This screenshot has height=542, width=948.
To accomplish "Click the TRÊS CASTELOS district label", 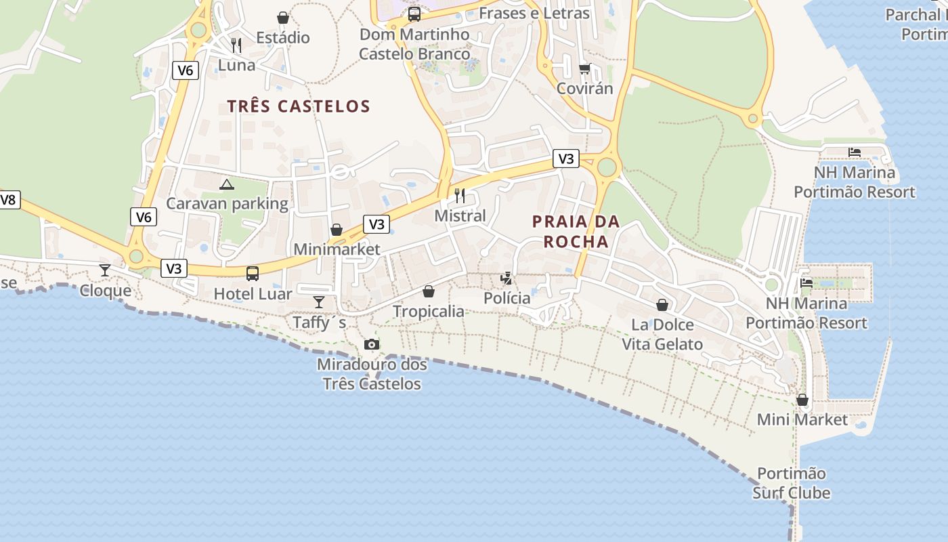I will pos(299,106).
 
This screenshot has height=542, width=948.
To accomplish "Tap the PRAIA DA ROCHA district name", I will pos(576,231).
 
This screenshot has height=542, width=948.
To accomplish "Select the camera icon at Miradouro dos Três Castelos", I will pos(371,344).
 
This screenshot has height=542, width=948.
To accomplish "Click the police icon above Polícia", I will pos(506,278).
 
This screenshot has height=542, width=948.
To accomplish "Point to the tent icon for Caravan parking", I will pos(227,184).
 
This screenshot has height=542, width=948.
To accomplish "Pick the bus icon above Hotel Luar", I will pos(253,274).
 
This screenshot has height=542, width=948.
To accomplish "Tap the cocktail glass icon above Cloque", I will pos(105,270).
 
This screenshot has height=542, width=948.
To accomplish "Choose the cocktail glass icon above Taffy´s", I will pos(319,301).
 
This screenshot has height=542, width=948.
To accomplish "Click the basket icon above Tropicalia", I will pos(429,291).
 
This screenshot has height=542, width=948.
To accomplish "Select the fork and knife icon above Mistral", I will pos(460,196).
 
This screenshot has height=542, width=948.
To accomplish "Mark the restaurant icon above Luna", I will pos(236,45).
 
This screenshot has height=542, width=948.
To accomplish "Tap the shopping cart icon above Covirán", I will pos(584,68).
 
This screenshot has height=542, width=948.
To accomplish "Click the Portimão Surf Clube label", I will pos(792,483).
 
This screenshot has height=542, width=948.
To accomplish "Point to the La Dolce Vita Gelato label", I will pos(662,335).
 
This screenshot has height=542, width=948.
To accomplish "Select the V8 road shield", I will pos(8,200).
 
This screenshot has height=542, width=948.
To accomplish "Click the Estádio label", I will pos(283,37).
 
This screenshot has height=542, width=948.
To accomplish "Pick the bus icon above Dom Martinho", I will pos(414,14).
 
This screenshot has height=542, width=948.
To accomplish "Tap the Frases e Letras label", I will pos(534,13).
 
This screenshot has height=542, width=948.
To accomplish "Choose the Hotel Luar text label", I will pos(253,294).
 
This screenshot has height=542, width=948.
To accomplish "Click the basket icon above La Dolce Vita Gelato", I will pos(662,305).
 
